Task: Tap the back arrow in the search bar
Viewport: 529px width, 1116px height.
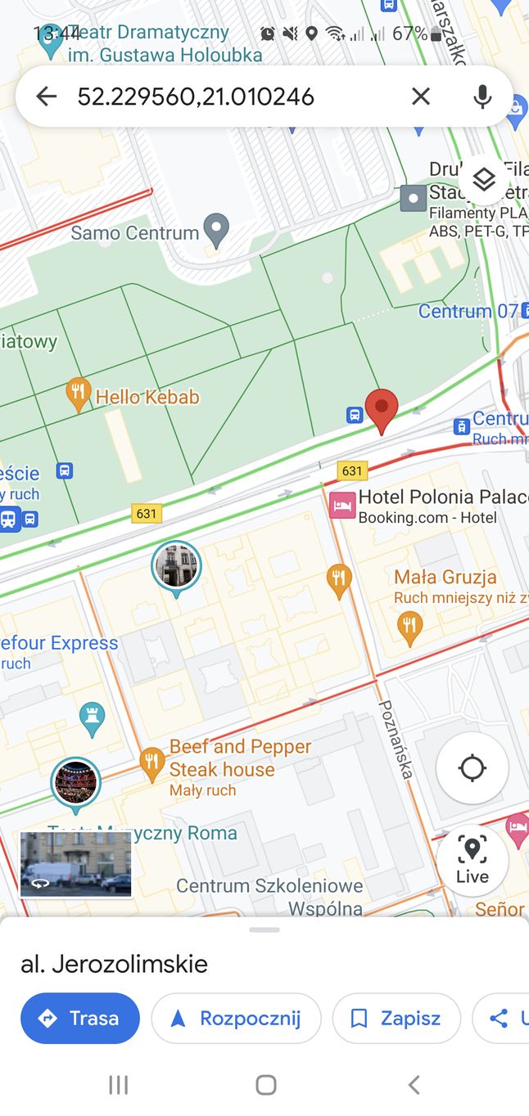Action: click(x=47, y=97)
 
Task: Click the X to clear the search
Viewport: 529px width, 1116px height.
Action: click(x=420, y=97)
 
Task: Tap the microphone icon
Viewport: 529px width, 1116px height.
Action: click(x=482, y=97)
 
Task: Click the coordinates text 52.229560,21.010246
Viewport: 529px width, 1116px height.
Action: click(x=196, y=97)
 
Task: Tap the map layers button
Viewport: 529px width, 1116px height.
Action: click(x=484, y=179)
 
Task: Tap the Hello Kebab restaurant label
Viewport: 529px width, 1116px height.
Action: click(x=147, y=398)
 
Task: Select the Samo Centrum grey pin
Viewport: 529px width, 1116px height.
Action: click(x=216, y=230)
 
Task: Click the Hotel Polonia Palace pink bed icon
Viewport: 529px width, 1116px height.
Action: click(x=342, y=506)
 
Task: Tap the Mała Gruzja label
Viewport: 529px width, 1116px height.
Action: click(x=445, y=577)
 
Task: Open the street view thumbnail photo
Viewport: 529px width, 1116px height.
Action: click(x=75, y=864)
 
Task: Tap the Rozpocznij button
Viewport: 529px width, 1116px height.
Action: click(x=236, y=1019)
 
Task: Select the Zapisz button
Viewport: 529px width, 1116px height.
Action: click(x=396, y=1019)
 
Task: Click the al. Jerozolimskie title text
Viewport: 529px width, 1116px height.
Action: click(x=114, y=964)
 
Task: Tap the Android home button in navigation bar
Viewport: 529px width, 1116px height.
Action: click(x=265, y=1085)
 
